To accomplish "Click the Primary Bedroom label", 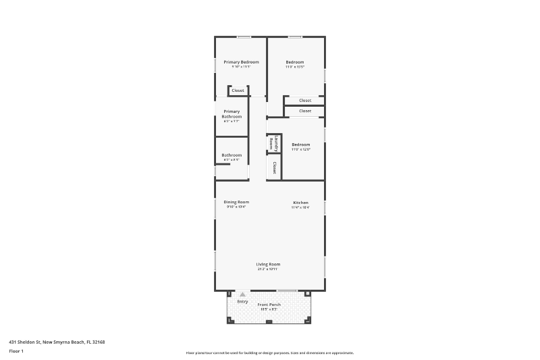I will pyautogui.click(x=241, y=62).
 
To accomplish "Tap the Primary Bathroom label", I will pyautogui.click(x=232, y=113).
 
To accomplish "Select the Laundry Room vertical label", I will pyautogui.click(x=271, y=143).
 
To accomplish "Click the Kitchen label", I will pyautogui.click(x=300, y=203).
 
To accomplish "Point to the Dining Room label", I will pyautogui.click(x=236, y=202).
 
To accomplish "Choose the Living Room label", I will pyautogui.click(x=268, y=264).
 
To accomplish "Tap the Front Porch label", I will pyautogui.click(x=269, y=305).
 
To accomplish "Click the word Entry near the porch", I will pyautogui.click(x=242, y=301).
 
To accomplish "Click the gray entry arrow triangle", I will pyautogui.click(x=242, y=294).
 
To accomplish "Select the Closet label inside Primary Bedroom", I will pyautogui.click(x=238, y=91).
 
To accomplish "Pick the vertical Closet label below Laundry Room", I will pyautogui.click(x=275, y=166).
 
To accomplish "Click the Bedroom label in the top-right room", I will pyautogui.click(x=295, y=62).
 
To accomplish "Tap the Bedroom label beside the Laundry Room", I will pyautogui.click(x=300, y=145).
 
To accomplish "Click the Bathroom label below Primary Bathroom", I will pyautogui.click(x=232, y=155).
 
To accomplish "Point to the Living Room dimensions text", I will pyautogui.click(x=268, y=269).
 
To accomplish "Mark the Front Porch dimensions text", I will pyautogui.click(x=269, y=309).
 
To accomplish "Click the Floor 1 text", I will pyautogui.click(x=16, y=351).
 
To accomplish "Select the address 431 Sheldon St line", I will pyautogui.click(x=57, y=342).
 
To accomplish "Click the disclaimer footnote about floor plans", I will pyautogui.click(x=269, y=353).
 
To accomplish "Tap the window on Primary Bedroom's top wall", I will pyautogui.click(x=244, y=36).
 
